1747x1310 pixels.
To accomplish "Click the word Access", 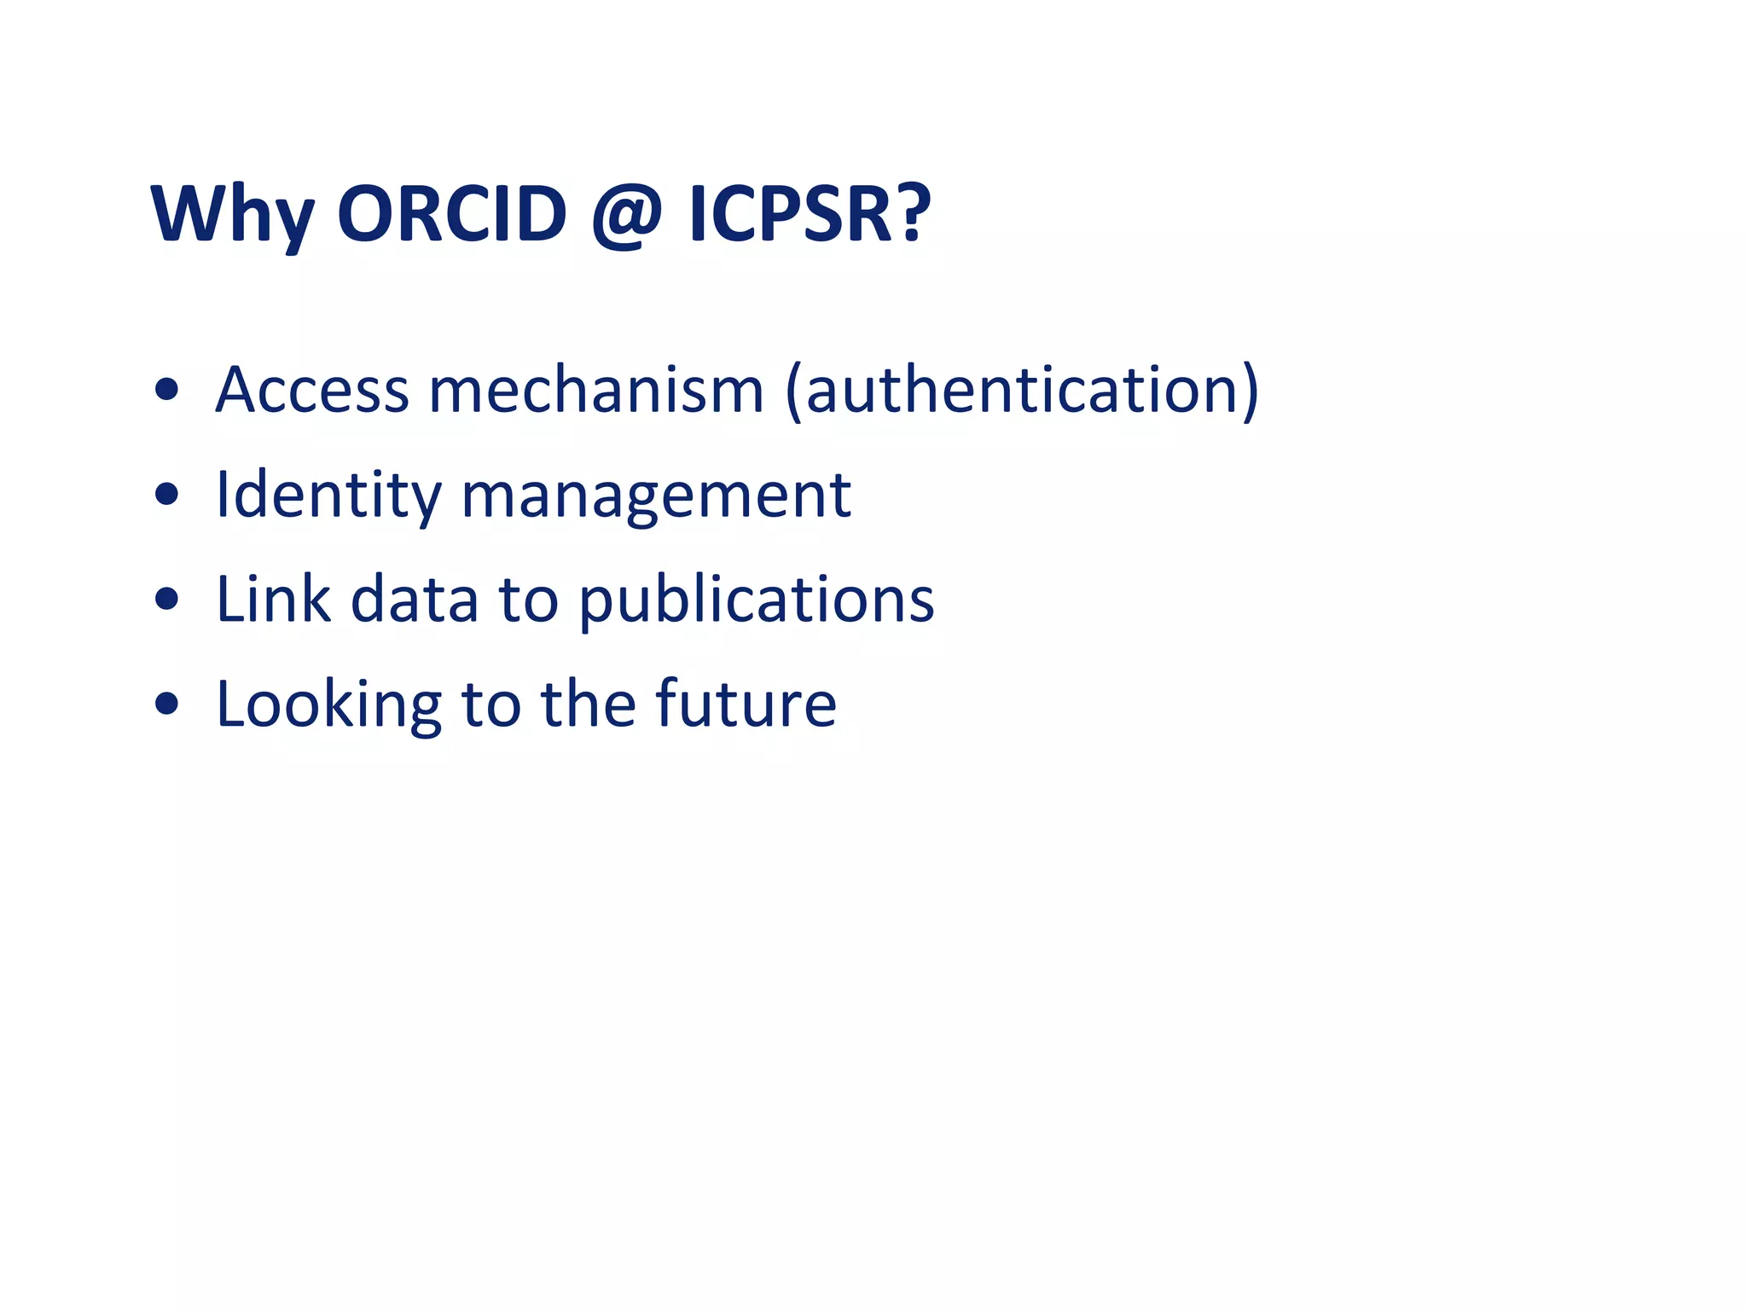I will (x=312, y=390).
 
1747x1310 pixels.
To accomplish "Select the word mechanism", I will (x=595, y=390).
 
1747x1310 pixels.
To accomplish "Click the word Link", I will (x=273, y=599).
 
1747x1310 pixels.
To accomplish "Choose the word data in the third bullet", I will (x=415, y=599).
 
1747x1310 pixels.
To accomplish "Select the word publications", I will (x=756, y=600).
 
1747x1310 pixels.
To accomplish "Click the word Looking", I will (x=328, y=704).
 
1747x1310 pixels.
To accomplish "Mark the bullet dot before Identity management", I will (x=167, y=495).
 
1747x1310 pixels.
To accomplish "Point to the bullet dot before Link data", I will (x=167, y=600).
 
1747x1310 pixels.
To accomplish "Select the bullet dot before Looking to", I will (x=167, y=704).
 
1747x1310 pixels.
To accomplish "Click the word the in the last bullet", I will (x=588, y=704).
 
